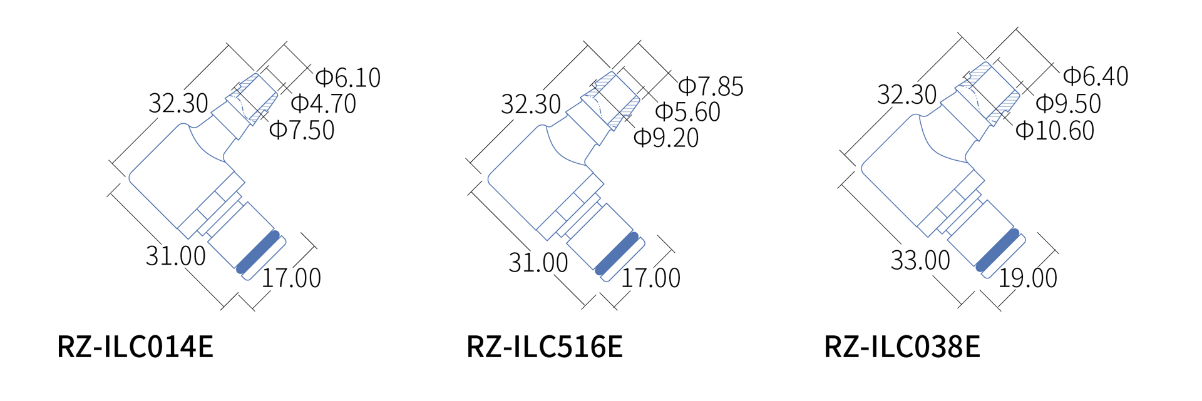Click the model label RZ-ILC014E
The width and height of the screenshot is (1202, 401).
135,347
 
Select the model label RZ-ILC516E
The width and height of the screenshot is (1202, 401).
545,347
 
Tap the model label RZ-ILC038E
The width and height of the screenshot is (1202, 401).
902,347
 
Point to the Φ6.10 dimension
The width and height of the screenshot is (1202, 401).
348,78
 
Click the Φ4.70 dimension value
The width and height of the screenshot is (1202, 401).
324,104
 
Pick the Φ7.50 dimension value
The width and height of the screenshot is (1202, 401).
302,130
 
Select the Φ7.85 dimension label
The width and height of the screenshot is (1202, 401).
711,87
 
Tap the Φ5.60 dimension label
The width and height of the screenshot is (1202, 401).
688,113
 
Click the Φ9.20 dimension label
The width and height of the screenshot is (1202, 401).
666,138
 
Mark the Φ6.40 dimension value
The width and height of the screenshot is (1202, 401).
1096,76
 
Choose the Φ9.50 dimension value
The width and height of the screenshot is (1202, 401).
1069,104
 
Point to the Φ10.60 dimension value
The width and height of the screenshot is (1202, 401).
1055,131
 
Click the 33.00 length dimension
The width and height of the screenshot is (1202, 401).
920,260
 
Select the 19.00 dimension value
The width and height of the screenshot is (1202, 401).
1027,278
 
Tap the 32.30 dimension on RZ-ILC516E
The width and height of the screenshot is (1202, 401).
531,104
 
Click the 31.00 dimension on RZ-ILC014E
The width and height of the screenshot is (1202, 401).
176,256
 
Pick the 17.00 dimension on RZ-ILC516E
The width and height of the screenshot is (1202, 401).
650,278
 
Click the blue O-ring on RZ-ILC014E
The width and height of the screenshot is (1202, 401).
258,252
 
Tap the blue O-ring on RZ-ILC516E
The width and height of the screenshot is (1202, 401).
617,254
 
